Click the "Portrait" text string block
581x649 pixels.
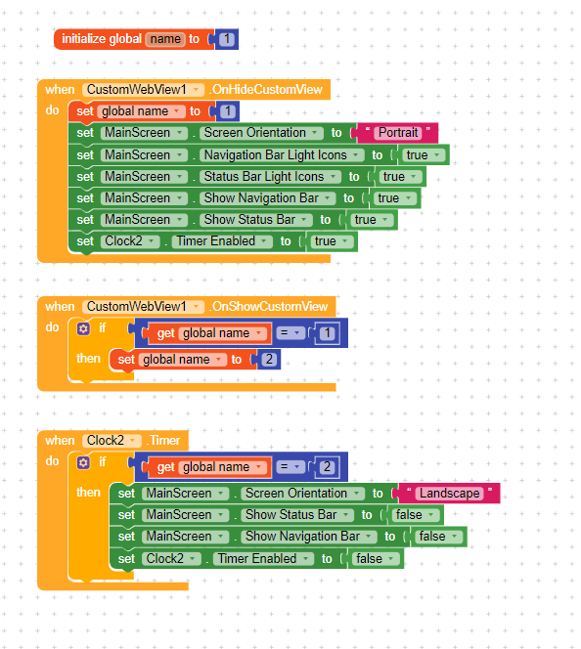[x=397, y=133]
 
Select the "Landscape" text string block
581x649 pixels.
[x=449, y=494]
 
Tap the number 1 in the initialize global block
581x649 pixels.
[x=227, y=39]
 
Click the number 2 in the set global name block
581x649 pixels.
[x=269, y=360]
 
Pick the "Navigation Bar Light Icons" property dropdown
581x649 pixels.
[x=282, y=154]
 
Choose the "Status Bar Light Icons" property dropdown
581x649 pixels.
[x=270, y=177]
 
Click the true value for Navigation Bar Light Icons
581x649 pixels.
[x=423, y=155]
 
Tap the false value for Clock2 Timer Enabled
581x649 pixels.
[x=375, y=559]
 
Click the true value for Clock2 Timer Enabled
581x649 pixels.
[x=332, y=241]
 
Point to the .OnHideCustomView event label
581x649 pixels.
[x=266, y=89]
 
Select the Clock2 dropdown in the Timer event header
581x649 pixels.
[x=112, y=441]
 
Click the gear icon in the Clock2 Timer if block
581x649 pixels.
[x=83, y=462]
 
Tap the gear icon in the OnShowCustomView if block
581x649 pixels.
[x=83, y=328]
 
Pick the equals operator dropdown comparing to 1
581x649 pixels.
[x=290, y=332]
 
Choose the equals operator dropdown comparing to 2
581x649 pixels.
[x=290, y=467]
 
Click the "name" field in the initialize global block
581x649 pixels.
[x=165, y=39]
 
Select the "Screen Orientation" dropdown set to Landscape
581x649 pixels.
[x=302, y=494]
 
